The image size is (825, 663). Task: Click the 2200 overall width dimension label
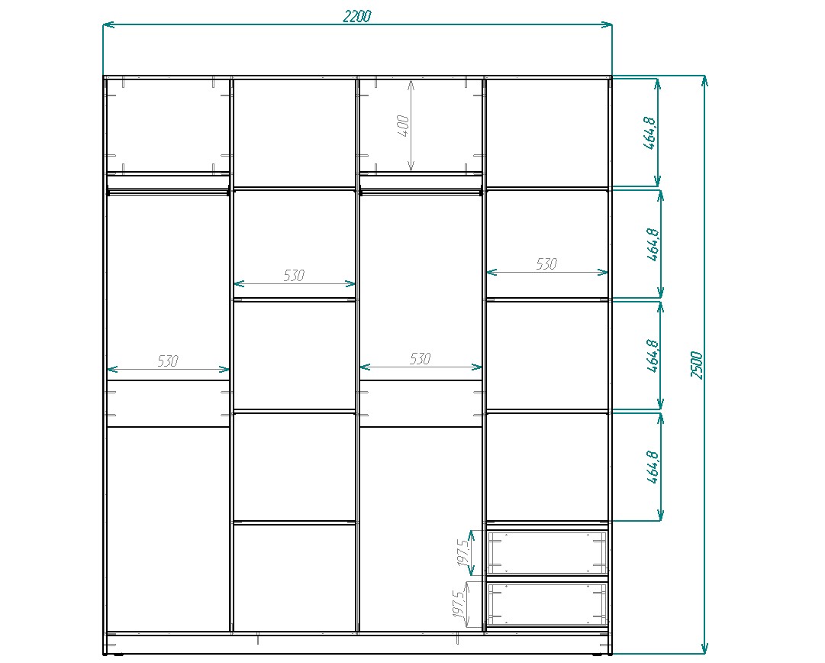(x=357, y=16)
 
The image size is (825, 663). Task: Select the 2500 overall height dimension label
(x=697, y=364)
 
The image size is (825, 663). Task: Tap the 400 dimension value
(x=403, y=126)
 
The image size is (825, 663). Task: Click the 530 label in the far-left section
(x=168, y=361)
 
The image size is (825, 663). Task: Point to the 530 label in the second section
(x=294, y=275)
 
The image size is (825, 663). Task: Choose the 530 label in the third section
(x=421, y=359)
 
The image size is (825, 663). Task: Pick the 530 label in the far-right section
(x=546, y=264)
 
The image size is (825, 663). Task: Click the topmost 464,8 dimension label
(x=649, y=132)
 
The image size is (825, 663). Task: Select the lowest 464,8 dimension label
(x=653, y=467)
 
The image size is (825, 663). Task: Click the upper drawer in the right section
(x=546, y=552)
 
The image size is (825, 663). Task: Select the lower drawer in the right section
(x=546, y=603)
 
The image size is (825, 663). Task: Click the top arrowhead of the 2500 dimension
(x=705, y=81)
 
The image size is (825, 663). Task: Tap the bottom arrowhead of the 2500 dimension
(x=705, y=648)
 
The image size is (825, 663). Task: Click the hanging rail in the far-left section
(x=168, y=192)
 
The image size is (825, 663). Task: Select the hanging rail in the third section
(x=421, y=192)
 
